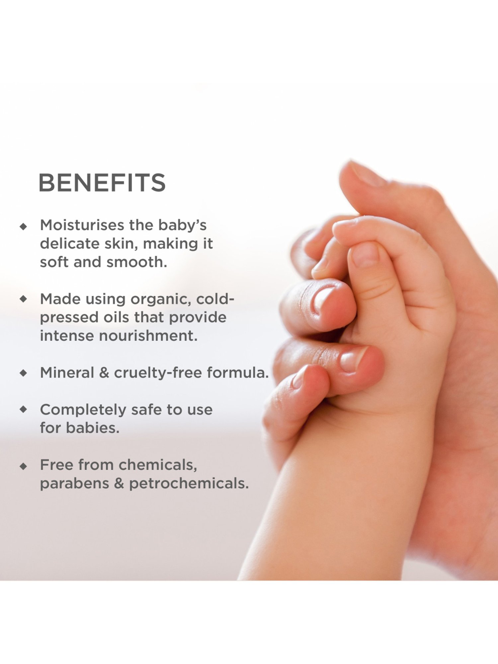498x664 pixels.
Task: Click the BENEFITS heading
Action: pos(102,183)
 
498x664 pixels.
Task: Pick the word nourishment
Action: pos(148,336)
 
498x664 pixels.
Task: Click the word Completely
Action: pos(83,410)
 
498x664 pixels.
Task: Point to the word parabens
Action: pos(74,484)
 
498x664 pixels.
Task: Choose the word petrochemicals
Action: pos(189,484)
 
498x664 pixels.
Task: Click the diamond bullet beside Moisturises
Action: pos(23,226)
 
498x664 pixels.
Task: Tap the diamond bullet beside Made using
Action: pos(23,299)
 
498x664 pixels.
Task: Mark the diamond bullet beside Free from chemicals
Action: pos(23,466)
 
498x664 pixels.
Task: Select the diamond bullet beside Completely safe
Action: pos(23,409)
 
